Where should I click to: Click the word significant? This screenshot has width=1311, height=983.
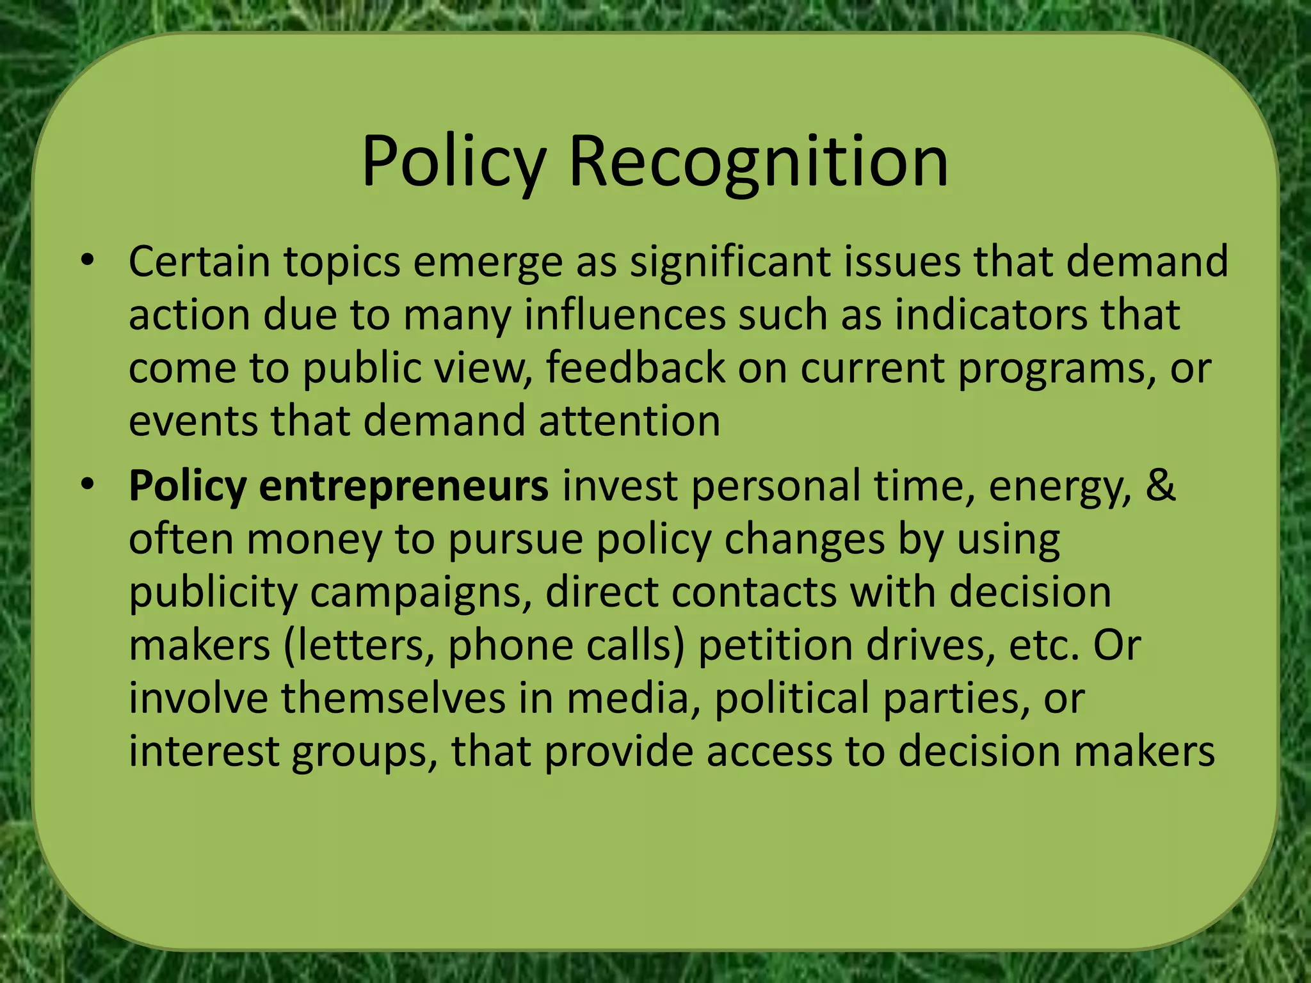(x=730, y=262)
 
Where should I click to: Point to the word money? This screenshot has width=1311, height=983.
(x=314, y=539)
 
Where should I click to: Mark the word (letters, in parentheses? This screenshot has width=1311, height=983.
(x=358, y=645)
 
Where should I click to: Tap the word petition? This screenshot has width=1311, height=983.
(x=775, y=645)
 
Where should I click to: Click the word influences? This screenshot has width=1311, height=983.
(x=625, y=315)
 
